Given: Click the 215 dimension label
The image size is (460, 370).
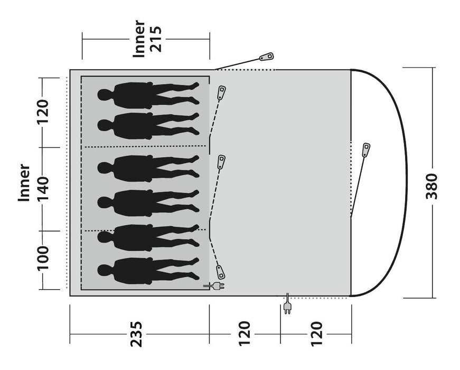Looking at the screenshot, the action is point(156,39).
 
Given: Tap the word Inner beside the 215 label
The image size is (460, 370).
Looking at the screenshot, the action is point(139,39).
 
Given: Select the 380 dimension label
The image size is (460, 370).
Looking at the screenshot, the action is point(431,186).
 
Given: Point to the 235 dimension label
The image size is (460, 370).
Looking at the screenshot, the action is point(136,334).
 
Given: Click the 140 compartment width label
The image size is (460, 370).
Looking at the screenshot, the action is point(42,189).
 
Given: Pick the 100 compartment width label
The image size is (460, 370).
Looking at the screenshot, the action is point(42,258).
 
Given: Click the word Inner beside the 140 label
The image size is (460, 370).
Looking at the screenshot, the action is point(24,183).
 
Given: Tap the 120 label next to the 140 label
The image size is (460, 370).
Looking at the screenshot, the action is point(42,112).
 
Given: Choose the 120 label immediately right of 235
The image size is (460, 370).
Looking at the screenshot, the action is point(244,334).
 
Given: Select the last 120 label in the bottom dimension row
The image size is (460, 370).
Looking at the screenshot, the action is point(316,334).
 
